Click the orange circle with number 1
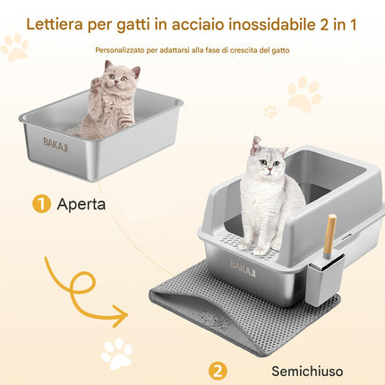point(41,204)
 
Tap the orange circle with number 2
point(218,371)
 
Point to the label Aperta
point(81,204)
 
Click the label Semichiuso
point(307,372)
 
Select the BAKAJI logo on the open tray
point(56,145)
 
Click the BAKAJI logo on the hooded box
point(243,269)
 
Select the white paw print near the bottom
point(116,353)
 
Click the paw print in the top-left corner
point(15,47)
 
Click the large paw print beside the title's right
point(304,94)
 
